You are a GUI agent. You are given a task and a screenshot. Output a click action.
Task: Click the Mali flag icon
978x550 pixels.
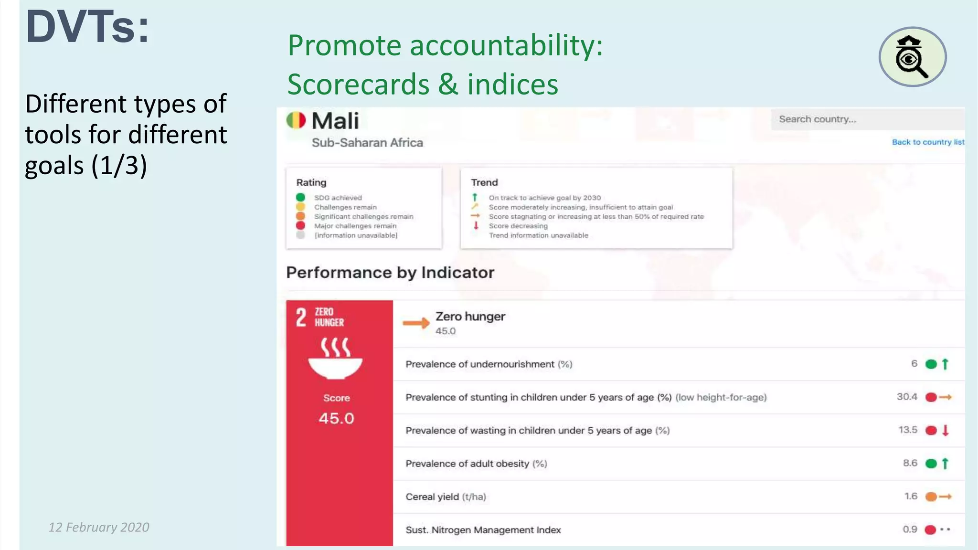pos(296,120)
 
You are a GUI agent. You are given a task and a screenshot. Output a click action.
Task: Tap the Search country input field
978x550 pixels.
pos(867,119)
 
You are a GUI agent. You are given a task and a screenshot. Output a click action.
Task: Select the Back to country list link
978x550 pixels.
pos(928,142)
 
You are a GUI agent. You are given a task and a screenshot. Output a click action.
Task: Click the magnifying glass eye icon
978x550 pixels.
pos(912,57)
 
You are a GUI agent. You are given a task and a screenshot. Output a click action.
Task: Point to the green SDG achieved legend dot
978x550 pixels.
pos(300,197)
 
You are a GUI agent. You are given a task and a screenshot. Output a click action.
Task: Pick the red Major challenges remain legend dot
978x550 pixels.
pos(300,225)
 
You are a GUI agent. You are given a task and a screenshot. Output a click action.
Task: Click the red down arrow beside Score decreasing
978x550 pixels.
pos(476,225)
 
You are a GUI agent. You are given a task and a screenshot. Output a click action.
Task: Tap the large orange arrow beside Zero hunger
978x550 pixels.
pos(416,323)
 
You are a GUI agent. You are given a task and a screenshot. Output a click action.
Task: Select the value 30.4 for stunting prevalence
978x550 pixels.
pos(907,397)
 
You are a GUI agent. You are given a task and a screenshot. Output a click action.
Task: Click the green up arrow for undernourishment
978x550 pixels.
pos(945,364)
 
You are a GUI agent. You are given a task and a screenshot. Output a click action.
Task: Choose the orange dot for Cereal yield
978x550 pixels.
pos(931,497)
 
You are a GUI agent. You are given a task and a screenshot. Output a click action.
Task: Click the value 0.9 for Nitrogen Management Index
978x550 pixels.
pos(910,529)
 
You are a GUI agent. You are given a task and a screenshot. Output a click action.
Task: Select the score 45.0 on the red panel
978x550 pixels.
pos(336,418)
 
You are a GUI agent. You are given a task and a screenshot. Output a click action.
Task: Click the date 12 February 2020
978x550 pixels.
pos(99,527)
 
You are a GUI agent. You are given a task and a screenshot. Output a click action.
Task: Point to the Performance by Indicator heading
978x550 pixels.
pos(390,273)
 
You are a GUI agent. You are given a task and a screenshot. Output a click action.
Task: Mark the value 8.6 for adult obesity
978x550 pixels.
pos(910,463)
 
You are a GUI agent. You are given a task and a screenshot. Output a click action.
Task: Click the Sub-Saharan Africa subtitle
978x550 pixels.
pos(367,143)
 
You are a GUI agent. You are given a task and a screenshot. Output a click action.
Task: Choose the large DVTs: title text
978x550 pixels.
pos(88,27)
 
